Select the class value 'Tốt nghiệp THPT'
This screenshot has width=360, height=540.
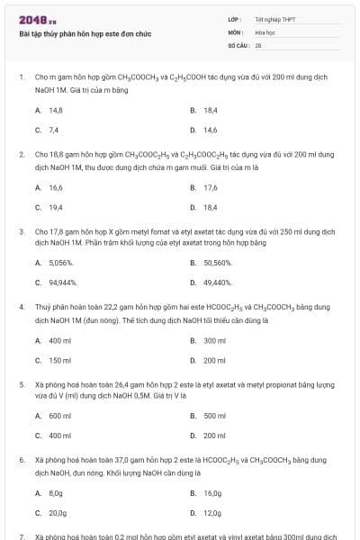269,18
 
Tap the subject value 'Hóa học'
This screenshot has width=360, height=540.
265,31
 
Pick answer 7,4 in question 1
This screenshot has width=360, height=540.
53,130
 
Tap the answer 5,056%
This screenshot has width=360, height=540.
61,263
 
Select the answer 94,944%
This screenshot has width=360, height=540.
63,283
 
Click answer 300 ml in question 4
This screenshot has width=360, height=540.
214,340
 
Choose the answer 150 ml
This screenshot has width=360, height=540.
59,360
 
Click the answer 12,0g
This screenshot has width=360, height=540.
211,513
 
